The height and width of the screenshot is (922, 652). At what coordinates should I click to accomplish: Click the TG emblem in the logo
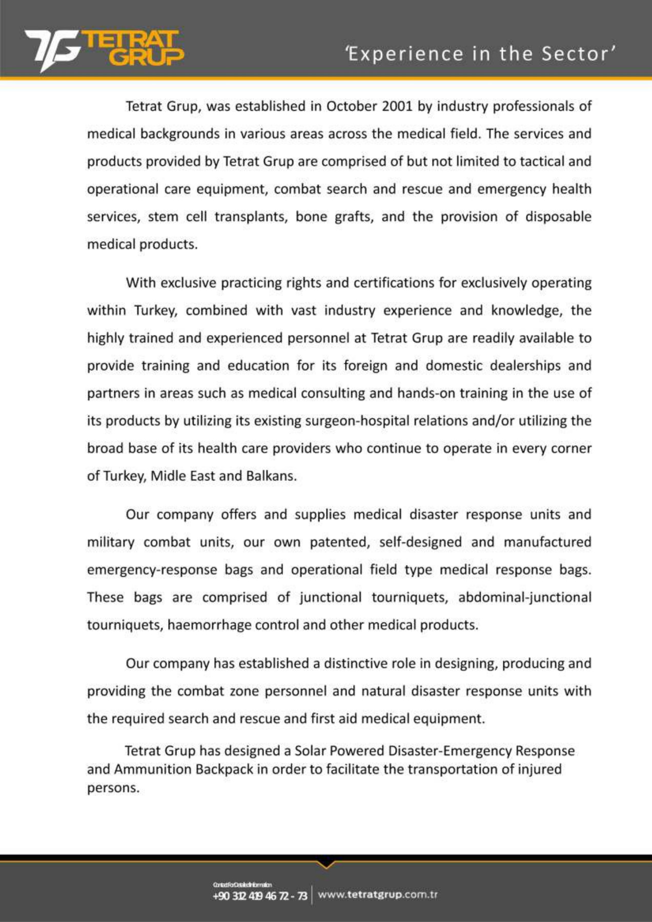pos(52,50)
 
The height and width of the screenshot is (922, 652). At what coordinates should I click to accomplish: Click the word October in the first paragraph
pos(352,107)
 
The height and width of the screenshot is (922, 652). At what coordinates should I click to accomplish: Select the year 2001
pos(396,107)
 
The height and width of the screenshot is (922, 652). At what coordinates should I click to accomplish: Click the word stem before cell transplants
pos(163,217)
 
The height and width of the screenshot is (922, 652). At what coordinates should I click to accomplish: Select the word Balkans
pos(271,476)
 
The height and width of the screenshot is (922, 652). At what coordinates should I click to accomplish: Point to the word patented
pos(339,542)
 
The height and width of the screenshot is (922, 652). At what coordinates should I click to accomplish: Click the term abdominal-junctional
pos(524,597)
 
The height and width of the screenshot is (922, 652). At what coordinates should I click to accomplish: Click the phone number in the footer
pos(259,896)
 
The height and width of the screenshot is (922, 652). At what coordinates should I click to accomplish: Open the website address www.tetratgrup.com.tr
pos(377,895)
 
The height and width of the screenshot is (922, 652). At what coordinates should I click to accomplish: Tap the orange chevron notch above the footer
pos(326,865)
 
